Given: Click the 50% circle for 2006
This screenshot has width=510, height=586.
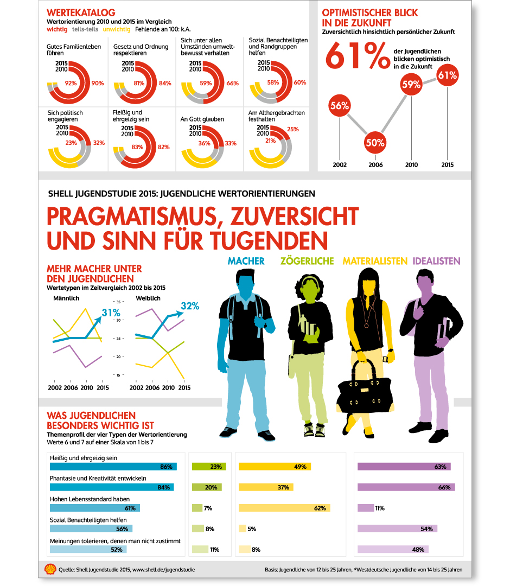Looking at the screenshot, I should [375, 143].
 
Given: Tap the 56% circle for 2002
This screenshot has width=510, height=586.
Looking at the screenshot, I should [340, 106].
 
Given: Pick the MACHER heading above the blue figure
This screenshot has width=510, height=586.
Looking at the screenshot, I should [246, 261].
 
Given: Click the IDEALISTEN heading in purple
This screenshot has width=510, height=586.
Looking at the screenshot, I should [436, 261].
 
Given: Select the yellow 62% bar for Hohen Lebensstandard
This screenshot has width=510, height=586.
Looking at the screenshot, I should [284, 508].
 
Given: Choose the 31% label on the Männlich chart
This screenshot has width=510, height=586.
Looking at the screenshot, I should [111, 313].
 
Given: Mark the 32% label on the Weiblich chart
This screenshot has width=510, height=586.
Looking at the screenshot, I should [190, 306].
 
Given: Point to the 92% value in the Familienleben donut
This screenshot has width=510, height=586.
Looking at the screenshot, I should [71, 84].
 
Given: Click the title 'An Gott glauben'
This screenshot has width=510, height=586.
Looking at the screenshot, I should [202, 119].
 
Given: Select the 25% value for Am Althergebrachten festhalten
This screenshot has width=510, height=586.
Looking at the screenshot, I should [293, 129].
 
